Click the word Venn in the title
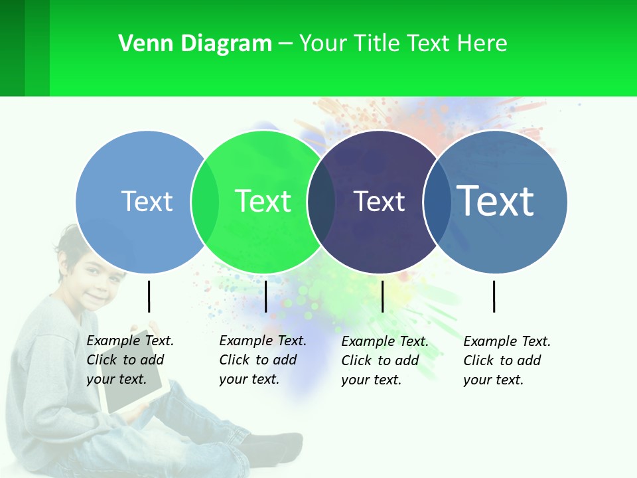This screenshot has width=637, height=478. point(141,43)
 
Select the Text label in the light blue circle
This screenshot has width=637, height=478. point(147,201)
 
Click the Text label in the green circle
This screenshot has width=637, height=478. point(263,201)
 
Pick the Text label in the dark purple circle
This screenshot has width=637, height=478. point(379,201)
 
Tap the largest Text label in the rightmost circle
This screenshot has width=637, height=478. point(496,200)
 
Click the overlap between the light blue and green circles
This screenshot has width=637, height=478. point(205,201)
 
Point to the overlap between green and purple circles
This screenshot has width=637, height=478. point(322,201)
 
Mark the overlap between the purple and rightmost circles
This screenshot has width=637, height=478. point(437,201)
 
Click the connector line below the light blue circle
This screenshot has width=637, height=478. point(149,296)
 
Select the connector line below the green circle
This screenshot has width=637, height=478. point(265,296)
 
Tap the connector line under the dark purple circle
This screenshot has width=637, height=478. point(382,296)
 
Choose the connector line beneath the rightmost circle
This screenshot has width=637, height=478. point(494,296)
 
